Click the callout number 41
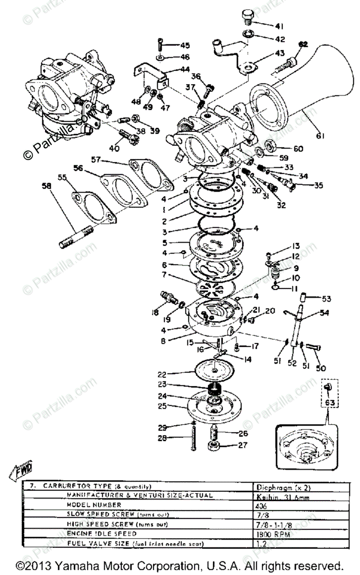point(279,26)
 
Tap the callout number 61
point(320,136)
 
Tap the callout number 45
point(185,46)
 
